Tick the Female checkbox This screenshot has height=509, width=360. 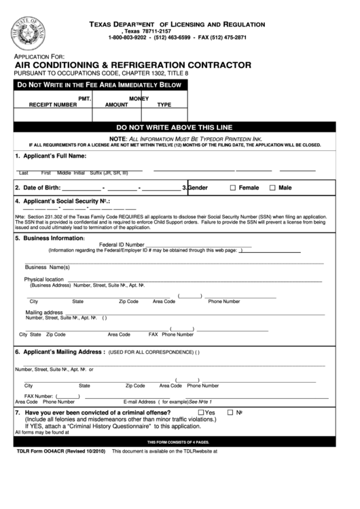[233, 188]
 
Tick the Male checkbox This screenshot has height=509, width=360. [273, 188]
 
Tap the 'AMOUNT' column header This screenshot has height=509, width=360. [116, 105]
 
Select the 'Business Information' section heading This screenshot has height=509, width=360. [53, 239]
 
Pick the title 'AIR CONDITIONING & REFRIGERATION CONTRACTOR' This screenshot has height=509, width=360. [132, 65]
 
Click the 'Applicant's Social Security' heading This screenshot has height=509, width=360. [62, 201]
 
